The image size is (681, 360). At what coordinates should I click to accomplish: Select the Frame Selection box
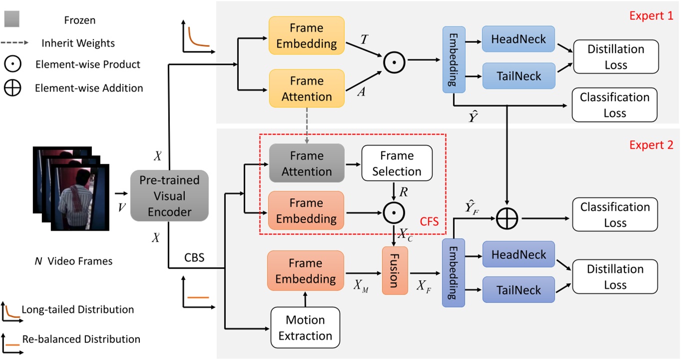click(x=396, y=163)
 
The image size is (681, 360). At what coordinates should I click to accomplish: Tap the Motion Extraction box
click(x=305, y=328)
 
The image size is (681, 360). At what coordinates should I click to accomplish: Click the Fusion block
click(x=395, y=270)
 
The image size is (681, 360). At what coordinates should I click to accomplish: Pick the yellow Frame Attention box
click(x=307, y=88)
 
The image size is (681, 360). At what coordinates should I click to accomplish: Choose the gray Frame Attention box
click(x=307, y=163)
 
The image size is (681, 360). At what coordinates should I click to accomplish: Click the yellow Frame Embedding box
click(x=307, y=35)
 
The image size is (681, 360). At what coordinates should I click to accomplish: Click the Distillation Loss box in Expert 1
click(x=615, y=57)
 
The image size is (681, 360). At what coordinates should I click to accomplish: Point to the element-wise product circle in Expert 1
click(x=394, y=62)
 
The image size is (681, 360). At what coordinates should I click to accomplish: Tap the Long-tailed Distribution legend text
click(x=78, y=310)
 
